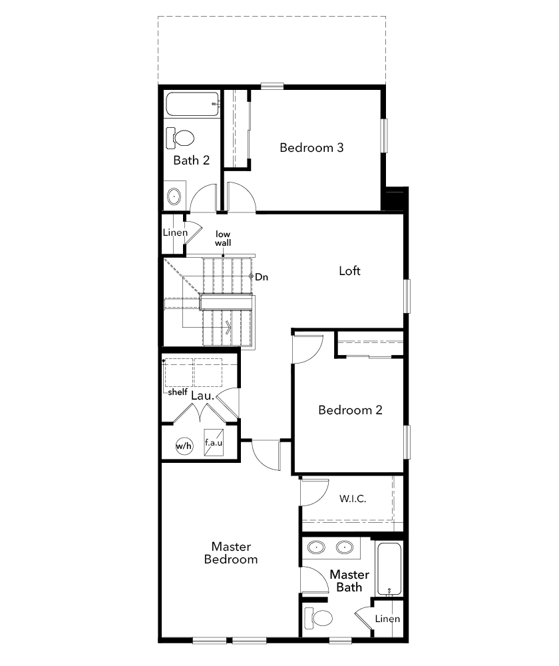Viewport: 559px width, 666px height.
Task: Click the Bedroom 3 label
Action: pos(311,148)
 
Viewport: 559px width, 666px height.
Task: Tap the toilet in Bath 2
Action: pos(180,138)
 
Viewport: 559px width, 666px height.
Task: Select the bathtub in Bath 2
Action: pos(192,104)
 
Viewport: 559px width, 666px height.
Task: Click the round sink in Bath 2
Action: pos(174,196)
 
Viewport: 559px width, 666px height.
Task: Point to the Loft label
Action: pos(350,270)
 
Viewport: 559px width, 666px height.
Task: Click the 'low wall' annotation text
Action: pos(223,238)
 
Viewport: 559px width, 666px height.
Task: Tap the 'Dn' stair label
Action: pos(262,277)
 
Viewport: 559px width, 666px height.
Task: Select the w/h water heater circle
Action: pos(184,446)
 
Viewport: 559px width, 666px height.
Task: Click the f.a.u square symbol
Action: pos(214,442)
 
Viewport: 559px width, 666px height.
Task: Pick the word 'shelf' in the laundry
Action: pos(178,392)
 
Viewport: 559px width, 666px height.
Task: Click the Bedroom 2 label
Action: pos(350,410)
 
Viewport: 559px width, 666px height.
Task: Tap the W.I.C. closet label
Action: pos(353,498)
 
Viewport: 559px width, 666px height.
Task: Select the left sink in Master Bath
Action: pos(316,547)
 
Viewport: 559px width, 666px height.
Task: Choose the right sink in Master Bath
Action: pos(345,547)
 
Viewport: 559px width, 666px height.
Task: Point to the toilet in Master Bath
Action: pos(318,619)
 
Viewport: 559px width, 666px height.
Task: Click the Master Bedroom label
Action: pos(231,553)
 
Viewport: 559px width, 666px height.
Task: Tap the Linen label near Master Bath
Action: pos(387,619)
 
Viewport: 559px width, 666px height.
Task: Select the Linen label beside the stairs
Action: pos(175,232)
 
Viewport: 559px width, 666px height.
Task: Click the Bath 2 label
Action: pos(192,160)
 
